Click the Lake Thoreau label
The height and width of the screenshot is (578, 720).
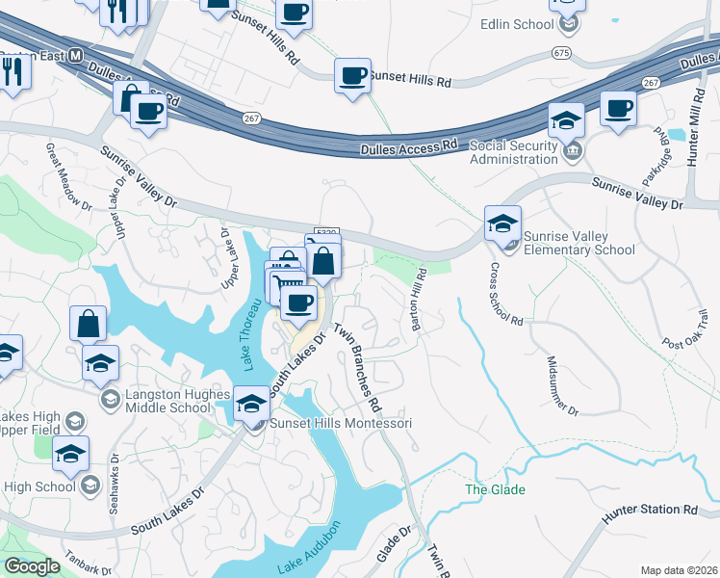[x=253, y=333]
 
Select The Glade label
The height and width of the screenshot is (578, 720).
[x=496, y=489]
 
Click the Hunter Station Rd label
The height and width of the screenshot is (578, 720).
[x=649, y=510]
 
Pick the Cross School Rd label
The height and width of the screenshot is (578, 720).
[x=506, y=293]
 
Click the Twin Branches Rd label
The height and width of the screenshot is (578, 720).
[x=357, y=362]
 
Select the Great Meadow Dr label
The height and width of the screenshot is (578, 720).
[x=68, y=178]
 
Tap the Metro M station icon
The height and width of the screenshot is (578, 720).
[x=73, y=56]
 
